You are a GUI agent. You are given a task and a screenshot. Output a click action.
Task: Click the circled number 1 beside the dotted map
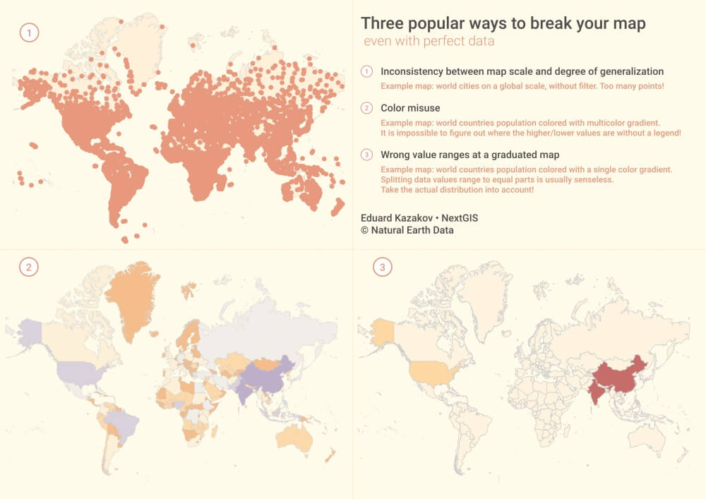[x=29, y=32]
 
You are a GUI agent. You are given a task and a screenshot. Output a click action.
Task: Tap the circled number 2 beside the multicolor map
[x=29, y=267]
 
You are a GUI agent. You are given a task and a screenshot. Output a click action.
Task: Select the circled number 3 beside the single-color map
[x=382, y=267]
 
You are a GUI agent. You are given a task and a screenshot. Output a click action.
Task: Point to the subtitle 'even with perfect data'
[x=429, y=41]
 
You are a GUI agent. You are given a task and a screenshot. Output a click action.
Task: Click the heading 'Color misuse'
[x=410, y=108]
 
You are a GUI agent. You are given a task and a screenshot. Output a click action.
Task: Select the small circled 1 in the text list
[x=366, y=71]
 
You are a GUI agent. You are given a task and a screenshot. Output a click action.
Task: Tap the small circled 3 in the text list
[x=366, y=155]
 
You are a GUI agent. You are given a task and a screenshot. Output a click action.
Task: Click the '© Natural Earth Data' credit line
[x=407, y=230]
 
